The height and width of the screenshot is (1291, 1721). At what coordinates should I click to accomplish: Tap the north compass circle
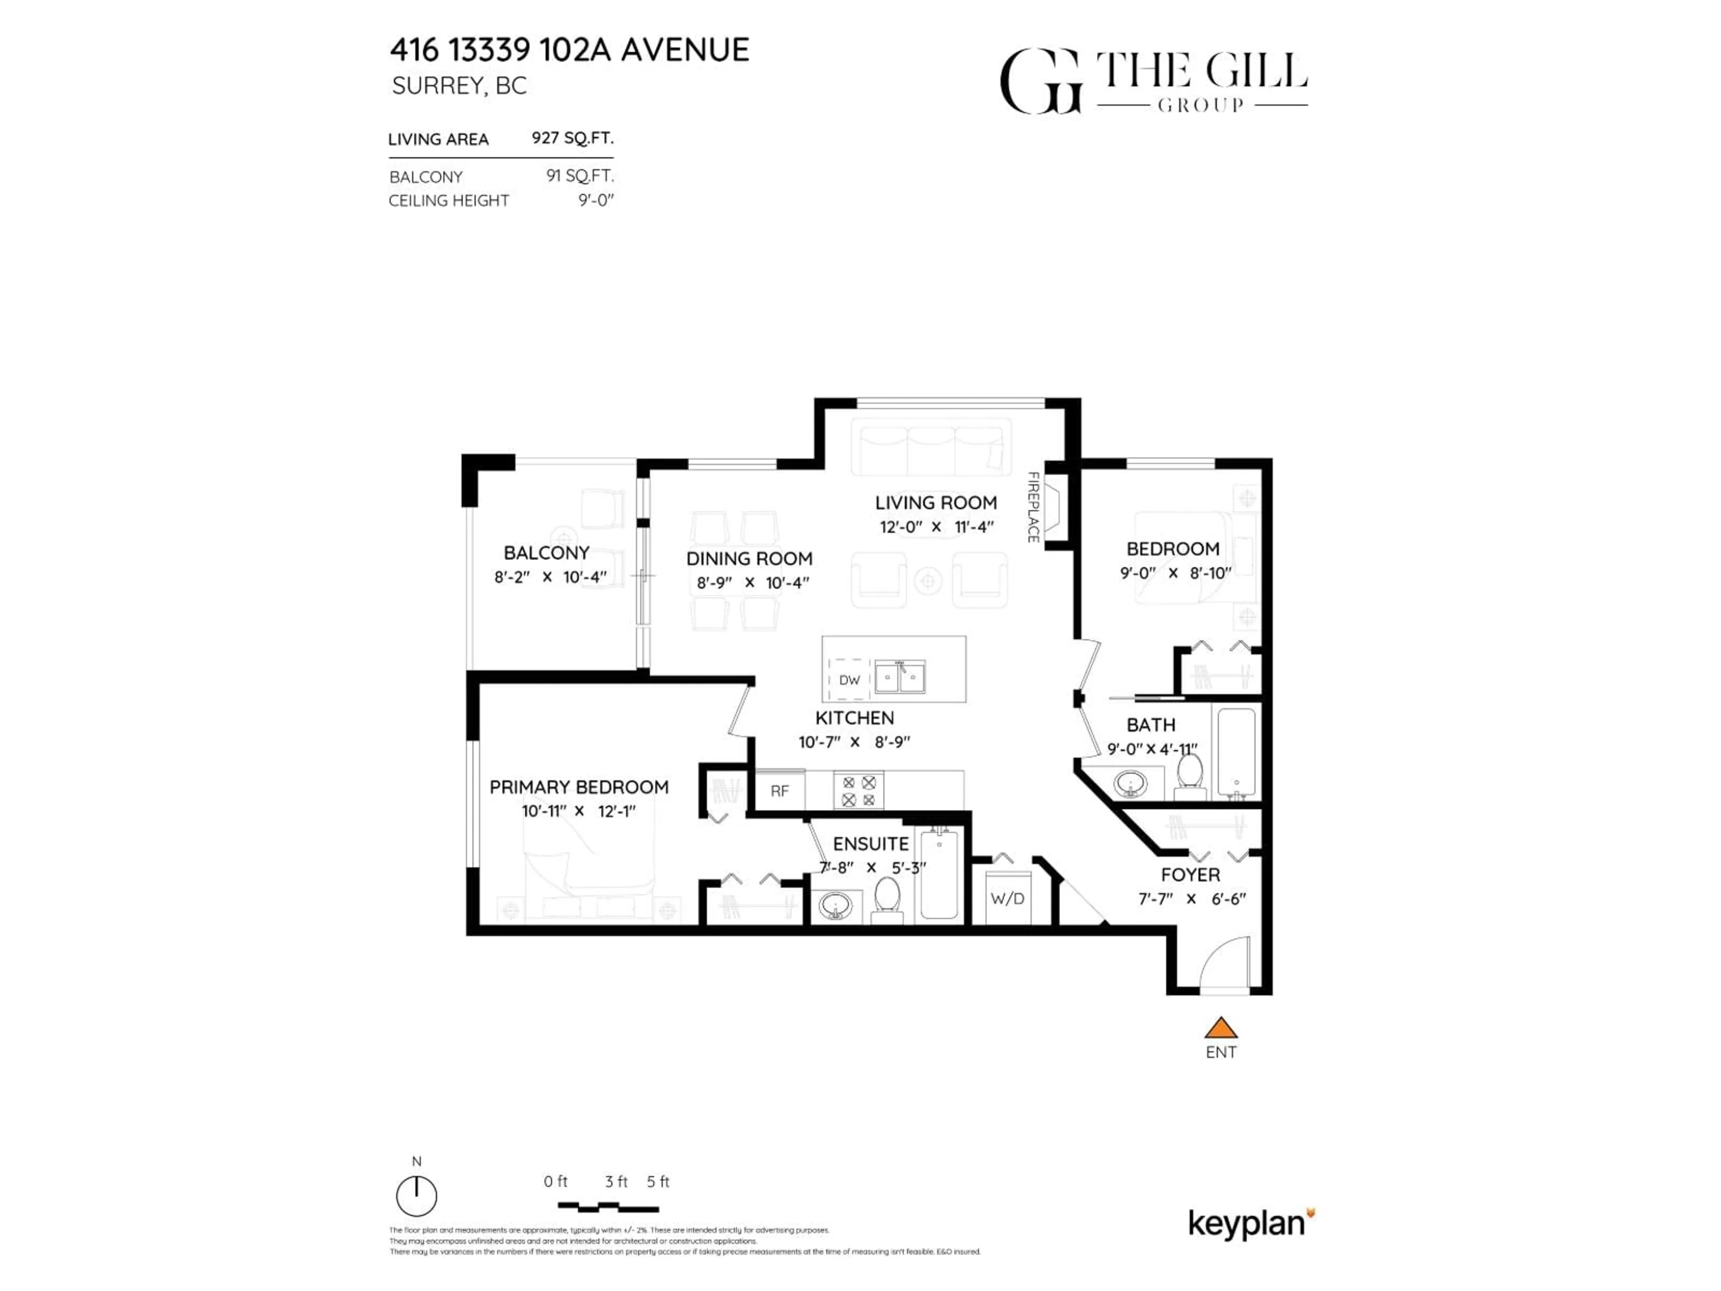(416, 1196)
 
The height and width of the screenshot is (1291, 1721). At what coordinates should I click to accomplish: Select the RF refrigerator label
(779, 791)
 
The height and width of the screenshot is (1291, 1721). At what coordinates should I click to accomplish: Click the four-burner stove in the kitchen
(859, 791)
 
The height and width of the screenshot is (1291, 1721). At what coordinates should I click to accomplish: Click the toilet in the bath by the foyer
(1189, 775)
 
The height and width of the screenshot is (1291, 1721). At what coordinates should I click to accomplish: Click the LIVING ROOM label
(935, 503)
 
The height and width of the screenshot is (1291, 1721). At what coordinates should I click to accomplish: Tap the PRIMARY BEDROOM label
(579, 788)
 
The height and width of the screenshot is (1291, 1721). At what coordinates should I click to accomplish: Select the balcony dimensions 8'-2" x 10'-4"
(549, 577)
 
